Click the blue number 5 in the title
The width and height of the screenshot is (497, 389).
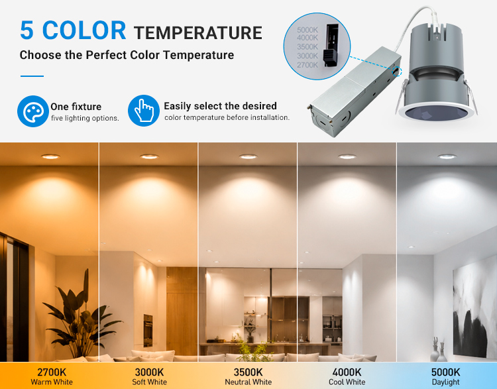point(27,30)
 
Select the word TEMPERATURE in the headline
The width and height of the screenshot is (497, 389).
point(197,33)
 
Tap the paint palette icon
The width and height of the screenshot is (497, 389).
point(32,111)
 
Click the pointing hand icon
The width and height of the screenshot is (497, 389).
point(144,111)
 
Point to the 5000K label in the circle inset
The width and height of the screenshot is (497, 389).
point(307,30)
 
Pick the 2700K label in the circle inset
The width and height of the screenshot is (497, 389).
point(307,65)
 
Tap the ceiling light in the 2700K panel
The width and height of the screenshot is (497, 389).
point(50,156)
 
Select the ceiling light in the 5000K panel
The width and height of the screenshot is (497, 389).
point(447,156)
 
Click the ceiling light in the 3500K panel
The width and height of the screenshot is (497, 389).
point(248,156)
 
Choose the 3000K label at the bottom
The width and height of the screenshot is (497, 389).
point(149,372)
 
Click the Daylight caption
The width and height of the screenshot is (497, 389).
point(446,382)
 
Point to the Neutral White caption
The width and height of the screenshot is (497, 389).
point(248,382)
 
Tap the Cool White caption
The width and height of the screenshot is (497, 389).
point(347,382)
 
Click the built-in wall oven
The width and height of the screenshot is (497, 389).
point(148,331)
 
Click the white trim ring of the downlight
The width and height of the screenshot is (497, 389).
point(437,115)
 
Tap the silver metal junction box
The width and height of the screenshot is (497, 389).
point(355,93)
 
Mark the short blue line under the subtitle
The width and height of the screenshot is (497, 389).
point(32,76)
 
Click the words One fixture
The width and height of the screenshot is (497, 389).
point(76,107)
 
